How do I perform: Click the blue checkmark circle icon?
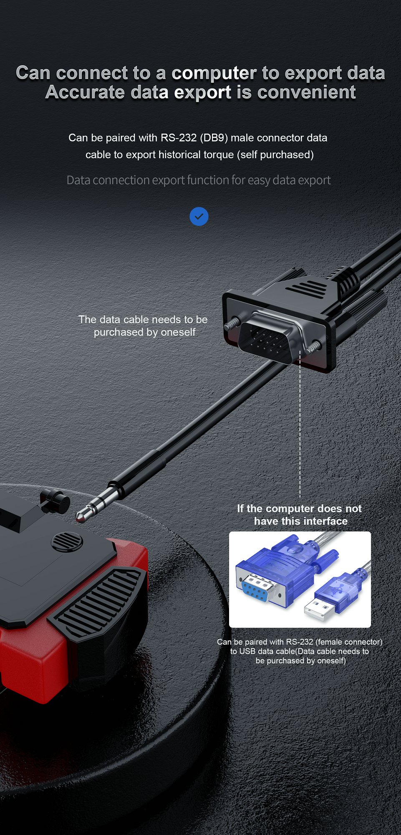coord(199,216)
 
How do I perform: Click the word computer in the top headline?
coord(214,73)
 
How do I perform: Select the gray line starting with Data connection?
coord(199,180)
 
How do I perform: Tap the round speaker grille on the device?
coord(67,542)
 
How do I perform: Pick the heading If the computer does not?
coord(299,509)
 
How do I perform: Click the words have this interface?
coord(301,521)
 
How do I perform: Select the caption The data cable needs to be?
coord(143,319)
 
